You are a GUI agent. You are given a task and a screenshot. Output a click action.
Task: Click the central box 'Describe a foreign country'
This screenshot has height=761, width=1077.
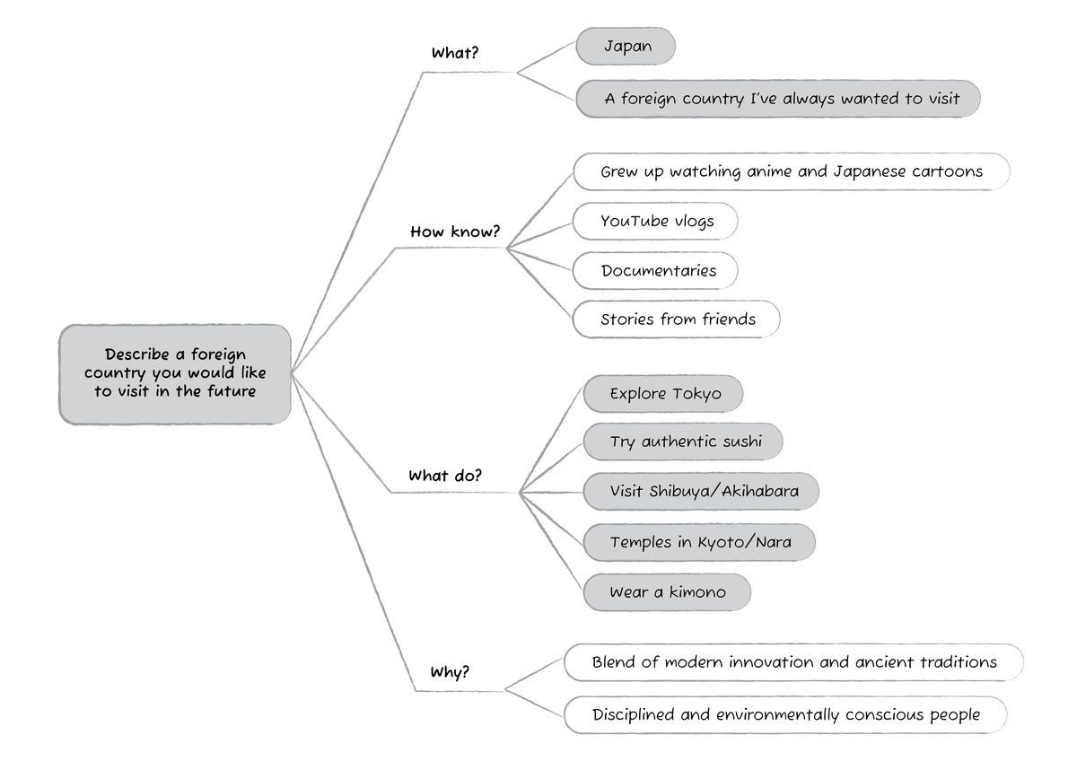174,374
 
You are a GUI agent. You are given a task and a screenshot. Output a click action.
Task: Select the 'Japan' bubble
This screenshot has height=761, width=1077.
626,46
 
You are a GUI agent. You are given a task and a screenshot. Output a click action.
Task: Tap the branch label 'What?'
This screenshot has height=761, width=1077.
455,52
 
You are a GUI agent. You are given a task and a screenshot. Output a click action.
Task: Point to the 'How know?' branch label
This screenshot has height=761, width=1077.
455,232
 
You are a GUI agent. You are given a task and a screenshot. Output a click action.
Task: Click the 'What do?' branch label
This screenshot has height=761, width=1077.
445,476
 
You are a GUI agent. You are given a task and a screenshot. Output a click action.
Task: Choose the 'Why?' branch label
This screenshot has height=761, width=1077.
450,671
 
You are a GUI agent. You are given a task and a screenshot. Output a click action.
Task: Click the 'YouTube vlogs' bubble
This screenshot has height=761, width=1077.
655,221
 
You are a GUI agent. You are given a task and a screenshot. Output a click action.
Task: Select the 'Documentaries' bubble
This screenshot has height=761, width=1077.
655,271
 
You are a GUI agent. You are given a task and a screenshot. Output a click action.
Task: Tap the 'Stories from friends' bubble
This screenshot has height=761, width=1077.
677,319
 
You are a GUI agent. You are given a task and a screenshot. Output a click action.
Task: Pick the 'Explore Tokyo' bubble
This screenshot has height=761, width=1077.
663,394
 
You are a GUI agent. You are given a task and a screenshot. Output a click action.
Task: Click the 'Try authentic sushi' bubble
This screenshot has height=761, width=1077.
683,442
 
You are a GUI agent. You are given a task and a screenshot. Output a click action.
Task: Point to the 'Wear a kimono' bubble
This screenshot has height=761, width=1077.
667,592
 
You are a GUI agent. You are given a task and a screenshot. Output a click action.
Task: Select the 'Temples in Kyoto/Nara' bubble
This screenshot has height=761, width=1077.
699,542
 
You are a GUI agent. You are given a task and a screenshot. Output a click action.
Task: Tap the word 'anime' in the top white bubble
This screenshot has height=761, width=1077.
769,171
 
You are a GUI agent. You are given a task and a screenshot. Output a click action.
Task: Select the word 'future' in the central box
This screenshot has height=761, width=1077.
232,391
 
